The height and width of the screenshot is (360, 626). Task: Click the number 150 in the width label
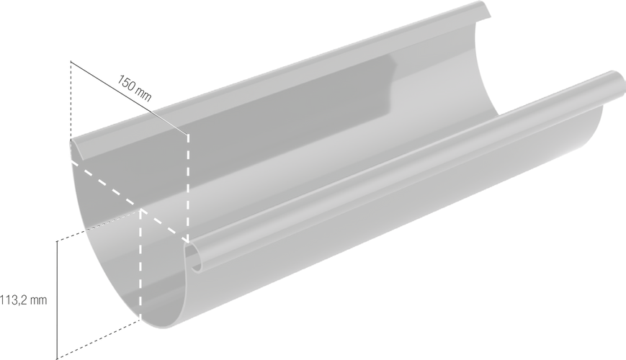pos(126,83)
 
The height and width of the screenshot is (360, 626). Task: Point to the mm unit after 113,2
pos(38,300)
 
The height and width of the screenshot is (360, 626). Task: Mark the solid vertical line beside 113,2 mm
pos(57,300)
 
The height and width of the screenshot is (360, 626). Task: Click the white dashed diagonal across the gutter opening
pos(129,202)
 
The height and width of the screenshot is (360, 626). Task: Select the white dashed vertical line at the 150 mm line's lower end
pos(188,189)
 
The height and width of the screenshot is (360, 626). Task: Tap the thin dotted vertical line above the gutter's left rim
pos(71,102)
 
